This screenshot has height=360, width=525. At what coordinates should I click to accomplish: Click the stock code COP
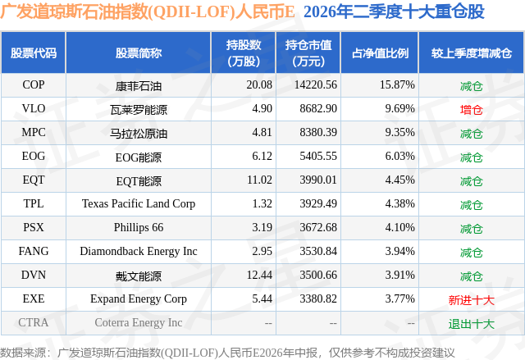point(34,85)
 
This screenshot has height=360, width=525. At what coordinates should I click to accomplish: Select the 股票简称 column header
point(139,52)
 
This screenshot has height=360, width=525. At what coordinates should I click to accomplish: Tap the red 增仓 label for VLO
point(471,110)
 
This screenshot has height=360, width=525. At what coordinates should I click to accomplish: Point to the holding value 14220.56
point(316,85)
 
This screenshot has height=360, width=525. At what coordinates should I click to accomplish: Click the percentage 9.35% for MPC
point(399,133)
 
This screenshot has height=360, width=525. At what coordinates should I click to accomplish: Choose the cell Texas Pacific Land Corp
point(139,203)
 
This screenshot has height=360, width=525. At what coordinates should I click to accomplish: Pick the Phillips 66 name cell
point(139,227)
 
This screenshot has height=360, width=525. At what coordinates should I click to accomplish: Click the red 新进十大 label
point(471,300)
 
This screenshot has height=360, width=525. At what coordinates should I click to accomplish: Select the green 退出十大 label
point(471,324)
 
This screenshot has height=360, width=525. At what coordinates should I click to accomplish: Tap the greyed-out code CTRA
point(34,322)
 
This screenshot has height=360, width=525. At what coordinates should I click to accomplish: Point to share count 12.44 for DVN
point(259,275)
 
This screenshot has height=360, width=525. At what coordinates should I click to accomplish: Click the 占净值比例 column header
point(380,52)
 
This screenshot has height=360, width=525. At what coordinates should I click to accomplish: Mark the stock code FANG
point(34,251)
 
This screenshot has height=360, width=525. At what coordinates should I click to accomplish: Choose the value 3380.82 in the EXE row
point(318,298)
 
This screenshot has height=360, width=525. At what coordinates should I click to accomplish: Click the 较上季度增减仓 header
point(472,52)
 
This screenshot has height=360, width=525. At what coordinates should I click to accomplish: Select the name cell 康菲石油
point(139,86)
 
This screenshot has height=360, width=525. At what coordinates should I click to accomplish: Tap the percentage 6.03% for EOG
point(399,157)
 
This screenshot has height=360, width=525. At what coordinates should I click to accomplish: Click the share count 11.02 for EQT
point(259,180)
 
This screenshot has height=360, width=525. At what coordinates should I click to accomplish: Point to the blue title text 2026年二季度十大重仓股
point(394,11)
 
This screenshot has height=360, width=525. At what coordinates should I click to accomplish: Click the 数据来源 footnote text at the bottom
point(227,353)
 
